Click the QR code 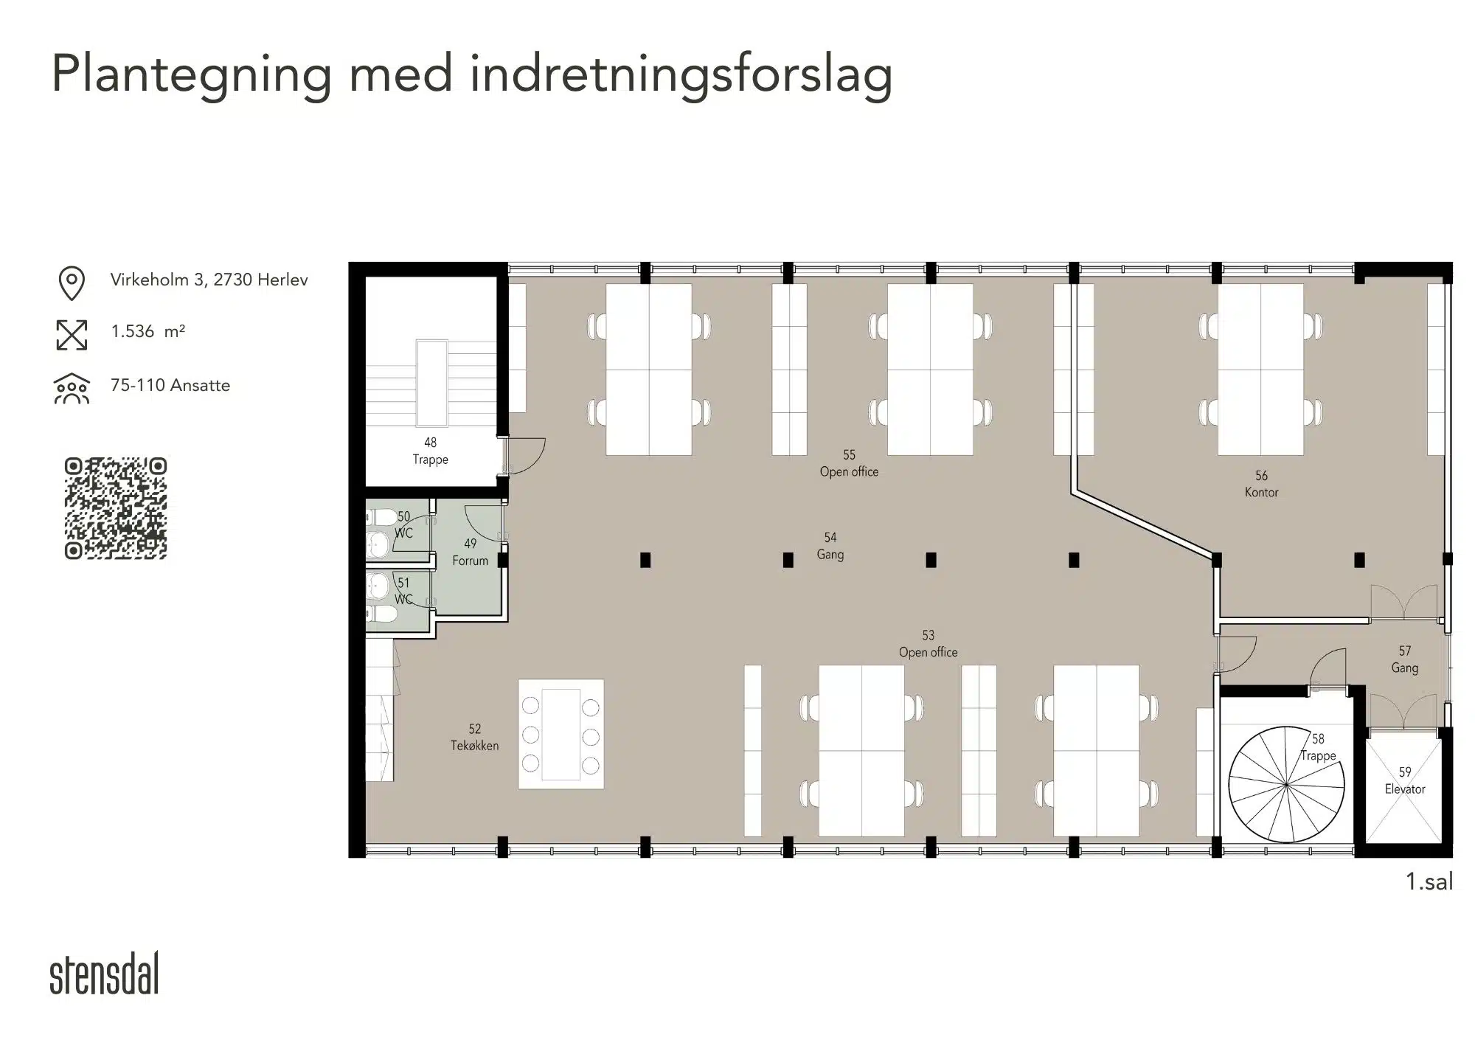coord(116,508)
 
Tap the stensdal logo coord(104,973)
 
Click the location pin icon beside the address coord(72,283)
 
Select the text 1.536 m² coord(147,331)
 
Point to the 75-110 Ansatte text coord(170,385)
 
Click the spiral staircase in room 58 coord(1286,784)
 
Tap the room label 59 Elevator coord(1405,780)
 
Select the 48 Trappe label coord(431,451)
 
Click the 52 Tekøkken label coord(474,737)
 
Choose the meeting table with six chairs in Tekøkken coord(561,734)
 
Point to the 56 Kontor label coord(1261,484)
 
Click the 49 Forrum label coord(471,552)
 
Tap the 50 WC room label coord(403,524)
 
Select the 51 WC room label coord(403,591)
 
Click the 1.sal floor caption coord(1429,881)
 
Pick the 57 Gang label coord(1405,659)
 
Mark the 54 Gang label coord(830,546)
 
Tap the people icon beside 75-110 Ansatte coord(72,389)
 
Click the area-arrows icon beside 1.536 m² coord(72,335)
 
